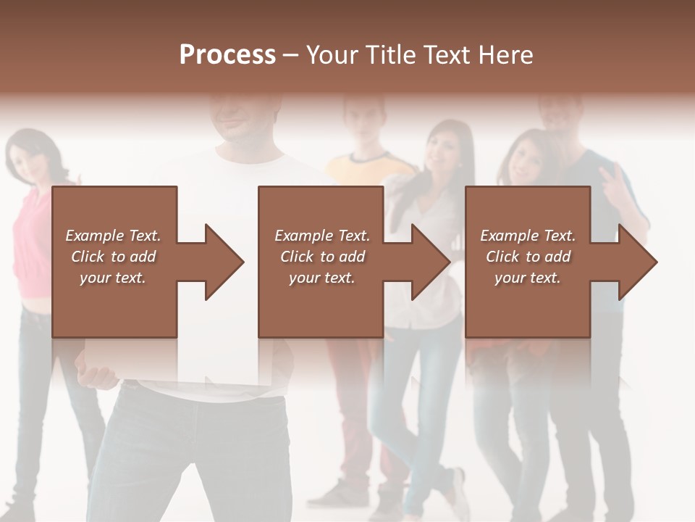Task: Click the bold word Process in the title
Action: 227,55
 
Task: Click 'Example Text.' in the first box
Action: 113,236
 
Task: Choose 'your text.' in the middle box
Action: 321,278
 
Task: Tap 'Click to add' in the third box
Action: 528,257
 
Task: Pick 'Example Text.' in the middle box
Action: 321,236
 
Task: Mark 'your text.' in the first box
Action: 113,278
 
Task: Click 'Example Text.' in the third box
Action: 528,236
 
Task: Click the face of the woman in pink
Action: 33,154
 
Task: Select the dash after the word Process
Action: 290,55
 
